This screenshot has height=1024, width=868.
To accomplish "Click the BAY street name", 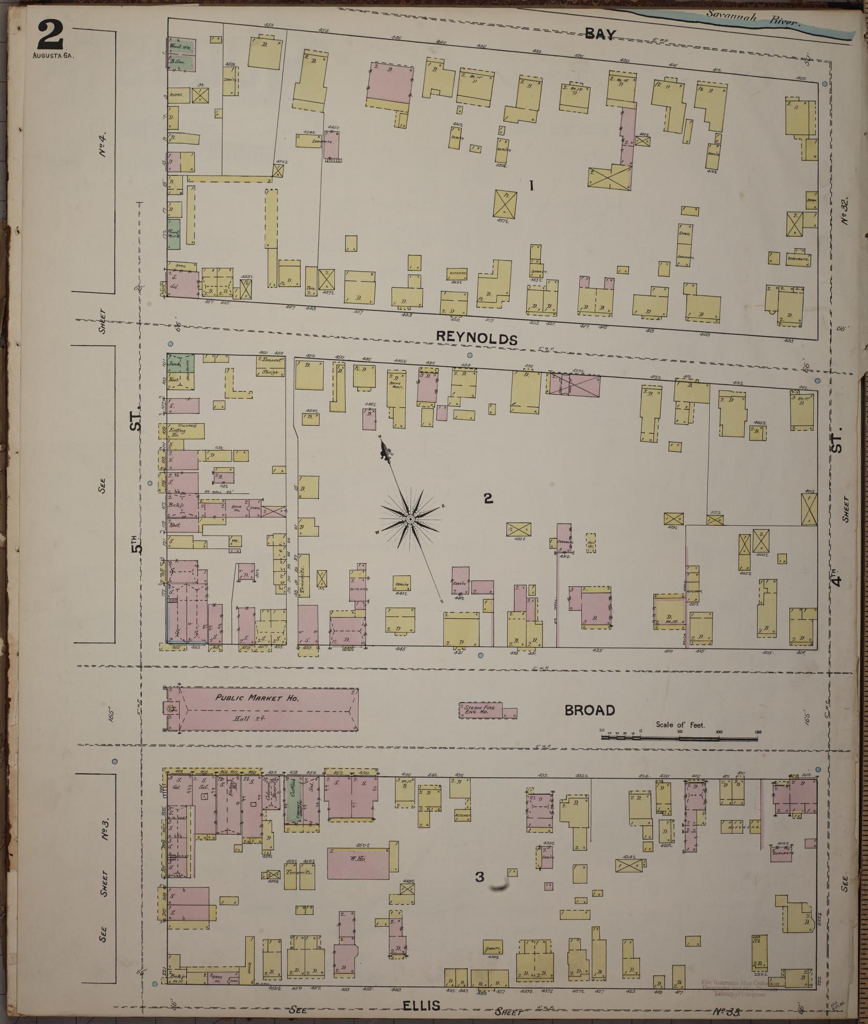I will coord(600,35).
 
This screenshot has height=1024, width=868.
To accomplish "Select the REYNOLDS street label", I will coord(477,338).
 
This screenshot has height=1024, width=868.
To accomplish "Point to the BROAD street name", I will coord(590,710).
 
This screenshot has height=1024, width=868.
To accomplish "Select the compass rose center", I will coord(409,519).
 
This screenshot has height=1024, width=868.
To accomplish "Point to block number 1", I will coord(531,186).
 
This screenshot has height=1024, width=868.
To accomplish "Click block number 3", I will coord(480,877).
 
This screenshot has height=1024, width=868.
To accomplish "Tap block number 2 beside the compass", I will coord(488,498).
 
